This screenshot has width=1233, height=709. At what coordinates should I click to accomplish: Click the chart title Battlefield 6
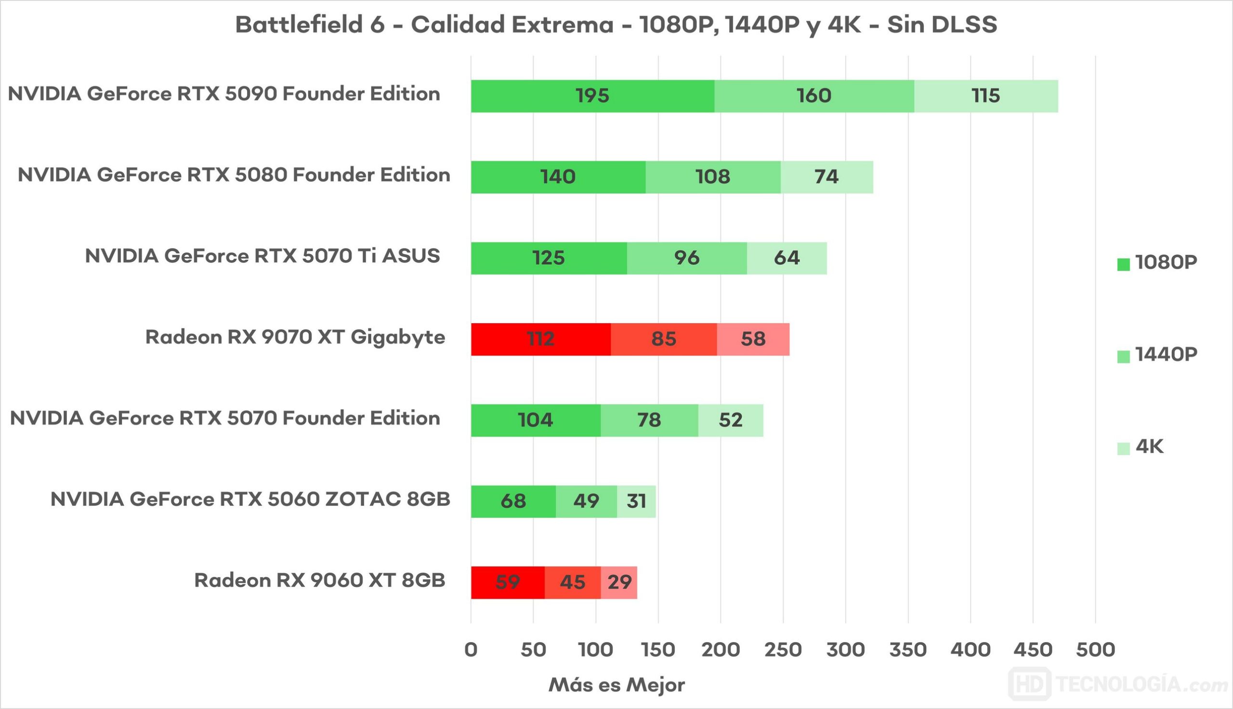[616, 25]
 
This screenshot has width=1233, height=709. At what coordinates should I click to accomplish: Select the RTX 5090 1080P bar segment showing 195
[592, 96]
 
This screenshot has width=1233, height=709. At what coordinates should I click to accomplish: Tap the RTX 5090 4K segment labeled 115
[986, 96]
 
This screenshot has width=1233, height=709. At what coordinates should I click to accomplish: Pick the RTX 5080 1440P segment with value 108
[713, 177]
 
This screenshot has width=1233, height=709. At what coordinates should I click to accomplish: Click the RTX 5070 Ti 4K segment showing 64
[787, 258]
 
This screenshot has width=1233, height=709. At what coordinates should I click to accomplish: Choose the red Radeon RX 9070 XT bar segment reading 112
[540, 339]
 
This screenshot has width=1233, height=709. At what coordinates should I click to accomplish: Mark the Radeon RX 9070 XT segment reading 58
[753, 339]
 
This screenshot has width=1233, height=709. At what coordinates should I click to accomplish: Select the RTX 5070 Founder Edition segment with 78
[649, 420]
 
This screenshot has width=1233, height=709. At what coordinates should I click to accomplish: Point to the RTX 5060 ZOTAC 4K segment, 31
[636, 501]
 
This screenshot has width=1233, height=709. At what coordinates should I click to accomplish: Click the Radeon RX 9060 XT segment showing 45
[573, 582]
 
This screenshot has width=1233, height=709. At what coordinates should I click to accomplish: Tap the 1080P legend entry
[1157, 263]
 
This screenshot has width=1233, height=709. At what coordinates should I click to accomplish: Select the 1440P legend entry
[1157, 355]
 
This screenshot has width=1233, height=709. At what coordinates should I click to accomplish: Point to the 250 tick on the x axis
[783, 650]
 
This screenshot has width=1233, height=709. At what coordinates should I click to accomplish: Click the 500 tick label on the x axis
[1095, 650]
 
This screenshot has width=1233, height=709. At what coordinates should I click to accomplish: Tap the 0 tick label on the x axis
[471, 650]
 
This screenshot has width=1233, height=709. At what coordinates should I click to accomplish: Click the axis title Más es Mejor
[616, 685]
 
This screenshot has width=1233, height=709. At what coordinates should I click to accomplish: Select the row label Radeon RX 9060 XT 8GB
[319, 580]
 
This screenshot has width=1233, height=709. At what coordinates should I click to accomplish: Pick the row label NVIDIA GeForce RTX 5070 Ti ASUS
[262, 256]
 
